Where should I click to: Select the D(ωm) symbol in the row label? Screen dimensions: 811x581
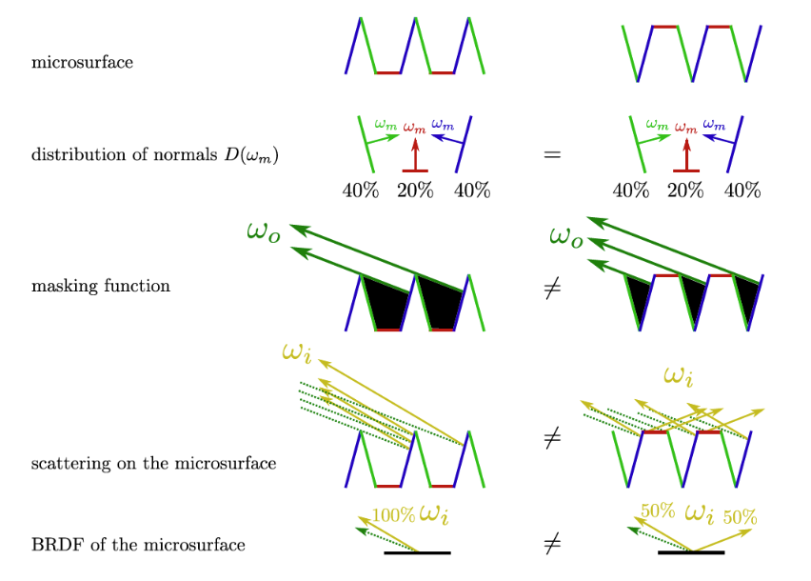251,155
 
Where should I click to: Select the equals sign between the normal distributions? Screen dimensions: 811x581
552,154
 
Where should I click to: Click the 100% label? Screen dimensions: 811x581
394,515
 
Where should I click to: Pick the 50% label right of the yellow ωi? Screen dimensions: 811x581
741,517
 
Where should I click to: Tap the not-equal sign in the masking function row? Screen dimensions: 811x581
552,289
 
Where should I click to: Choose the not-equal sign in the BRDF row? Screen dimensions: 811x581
552,543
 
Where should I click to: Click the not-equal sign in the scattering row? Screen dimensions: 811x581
552,439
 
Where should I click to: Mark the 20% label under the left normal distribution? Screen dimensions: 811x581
415,190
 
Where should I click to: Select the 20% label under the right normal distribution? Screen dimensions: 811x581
685,190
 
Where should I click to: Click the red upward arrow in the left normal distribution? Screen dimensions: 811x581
415,154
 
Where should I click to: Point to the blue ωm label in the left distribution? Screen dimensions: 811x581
443,124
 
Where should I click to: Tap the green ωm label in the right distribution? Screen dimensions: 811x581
657,124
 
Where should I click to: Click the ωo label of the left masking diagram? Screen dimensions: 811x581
264,231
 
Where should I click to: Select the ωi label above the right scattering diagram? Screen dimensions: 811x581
678,376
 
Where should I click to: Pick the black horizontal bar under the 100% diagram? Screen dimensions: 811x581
417,553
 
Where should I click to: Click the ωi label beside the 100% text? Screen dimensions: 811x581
433,514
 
